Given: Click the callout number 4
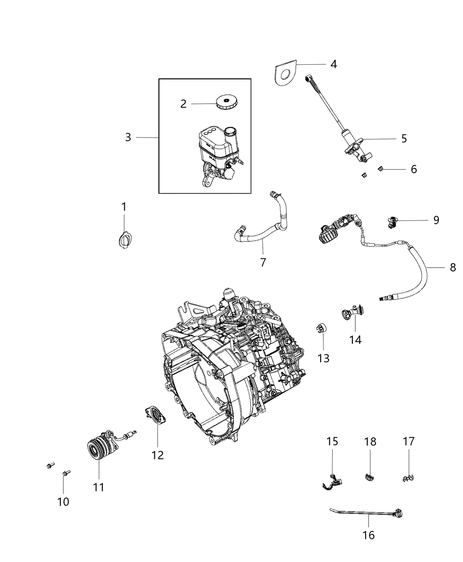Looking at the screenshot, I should (333, 64).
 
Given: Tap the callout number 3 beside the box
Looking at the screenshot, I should (128, 138).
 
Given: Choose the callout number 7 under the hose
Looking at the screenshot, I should (263, 262).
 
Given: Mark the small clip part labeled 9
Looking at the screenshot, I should (392, 221).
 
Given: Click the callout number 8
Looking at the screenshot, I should (453, 267).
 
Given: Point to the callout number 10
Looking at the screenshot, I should (63, 502).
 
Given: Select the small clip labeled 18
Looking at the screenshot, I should (370, 476).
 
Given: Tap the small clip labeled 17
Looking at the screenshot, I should (408, 477).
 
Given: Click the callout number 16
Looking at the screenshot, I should (368, 535).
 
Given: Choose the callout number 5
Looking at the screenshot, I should (404, 139).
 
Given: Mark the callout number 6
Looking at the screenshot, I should (413, 169).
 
